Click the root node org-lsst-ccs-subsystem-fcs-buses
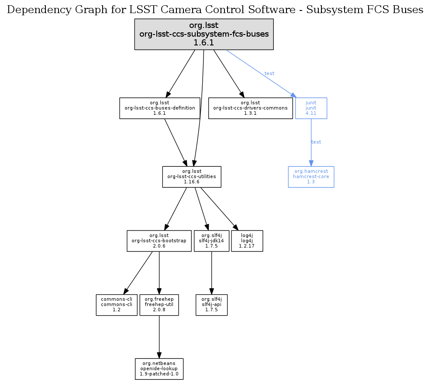[203, 34]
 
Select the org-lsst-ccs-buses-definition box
[160, 108]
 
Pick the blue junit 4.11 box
[311, 108]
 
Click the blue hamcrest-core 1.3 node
[311, 177]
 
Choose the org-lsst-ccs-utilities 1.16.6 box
[192, 177]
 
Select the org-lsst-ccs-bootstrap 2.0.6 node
[159, 241]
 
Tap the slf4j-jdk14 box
[211, 241]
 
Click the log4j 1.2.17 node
[247, 241]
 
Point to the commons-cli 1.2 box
[117, 305]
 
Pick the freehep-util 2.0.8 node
[159, 305]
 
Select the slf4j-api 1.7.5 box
[211, 305]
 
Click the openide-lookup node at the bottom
[159, 369]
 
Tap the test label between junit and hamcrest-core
[316, 142]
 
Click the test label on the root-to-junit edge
[269, 73]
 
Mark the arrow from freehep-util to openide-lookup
[159, 337]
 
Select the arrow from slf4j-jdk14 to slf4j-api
[211, 273]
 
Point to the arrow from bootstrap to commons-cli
[138, 272]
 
